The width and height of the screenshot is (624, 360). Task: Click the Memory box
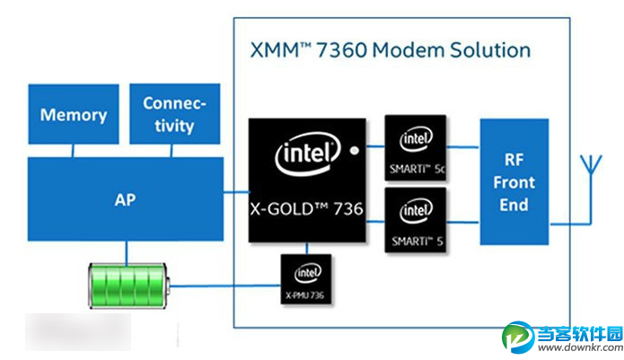click(x=74, y=116)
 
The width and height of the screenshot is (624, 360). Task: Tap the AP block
click(x=125, y=199)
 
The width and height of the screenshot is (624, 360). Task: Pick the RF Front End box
click(x=514, y=182)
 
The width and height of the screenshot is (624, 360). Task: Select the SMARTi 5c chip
click(x=414, y=147)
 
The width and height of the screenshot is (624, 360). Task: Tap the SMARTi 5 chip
click(x=414, y=221)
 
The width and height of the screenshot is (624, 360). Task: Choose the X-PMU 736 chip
click(x=305, y=280)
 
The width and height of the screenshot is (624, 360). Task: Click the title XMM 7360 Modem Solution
click(x=389, y=48)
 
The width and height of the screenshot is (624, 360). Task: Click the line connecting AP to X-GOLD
click(x=235, y=191)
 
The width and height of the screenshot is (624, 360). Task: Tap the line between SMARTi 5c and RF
click(x=462, y=147)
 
